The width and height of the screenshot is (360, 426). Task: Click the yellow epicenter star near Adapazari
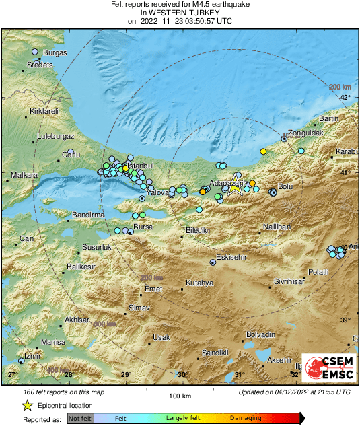235,188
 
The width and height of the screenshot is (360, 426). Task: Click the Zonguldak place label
306,133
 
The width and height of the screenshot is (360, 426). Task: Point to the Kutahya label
199,283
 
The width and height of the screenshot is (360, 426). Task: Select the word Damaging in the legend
246,419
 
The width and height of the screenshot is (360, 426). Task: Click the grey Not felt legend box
81,419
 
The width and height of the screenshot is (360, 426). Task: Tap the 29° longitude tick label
125,374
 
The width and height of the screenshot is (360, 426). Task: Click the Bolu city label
286,186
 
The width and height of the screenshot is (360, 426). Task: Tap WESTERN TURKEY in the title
180,13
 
